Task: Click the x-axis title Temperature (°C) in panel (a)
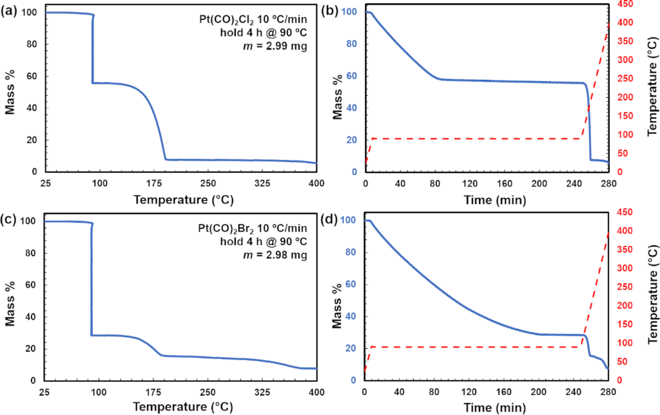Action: point(180,199)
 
